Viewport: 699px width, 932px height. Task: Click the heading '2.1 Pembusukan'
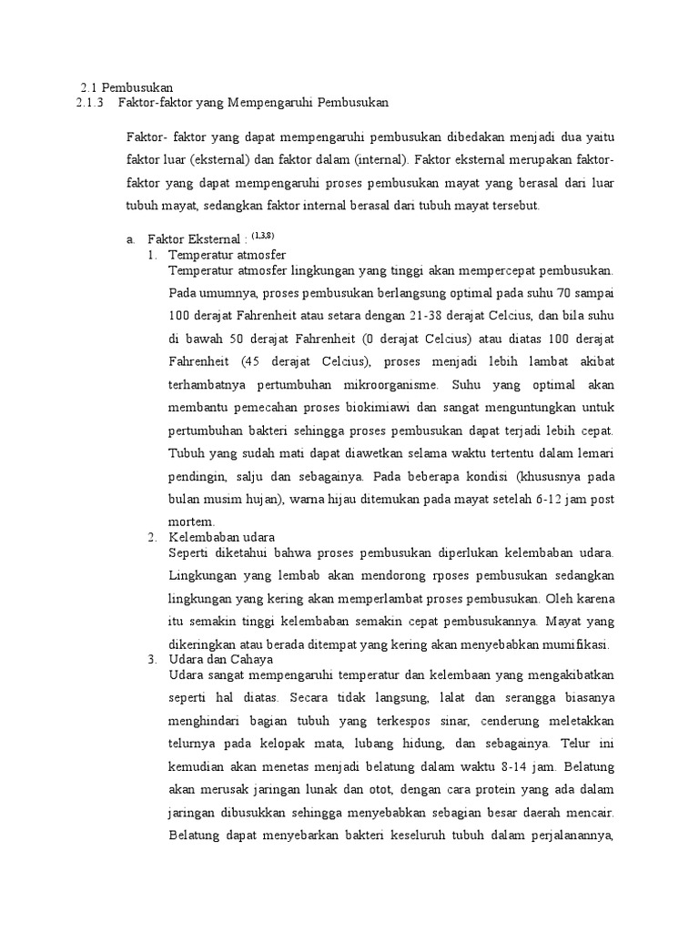click(127, 87)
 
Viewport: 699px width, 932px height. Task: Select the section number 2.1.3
click(91, 102)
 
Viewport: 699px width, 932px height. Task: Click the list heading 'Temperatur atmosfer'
click(228, 255)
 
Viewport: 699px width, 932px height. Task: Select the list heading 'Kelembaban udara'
click(222, 537)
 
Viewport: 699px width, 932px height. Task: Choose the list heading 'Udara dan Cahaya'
click(221, 659)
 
